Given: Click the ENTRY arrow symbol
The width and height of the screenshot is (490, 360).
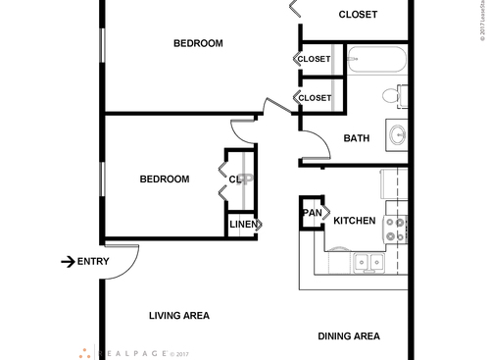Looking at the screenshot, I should (x=68, y=261).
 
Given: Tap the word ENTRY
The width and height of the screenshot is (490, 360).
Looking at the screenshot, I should (x=93, y=261).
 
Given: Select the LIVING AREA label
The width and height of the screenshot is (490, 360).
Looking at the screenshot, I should (x=179, y=316).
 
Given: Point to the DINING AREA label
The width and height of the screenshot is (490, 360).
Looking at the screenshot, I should (x=349, y=336).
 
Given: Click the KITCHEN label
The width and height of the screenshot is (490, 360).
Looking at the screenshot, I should (x=354, y=222).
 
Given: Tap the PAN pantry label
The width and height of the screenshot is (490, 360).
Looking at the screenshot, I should (x=312, y=213).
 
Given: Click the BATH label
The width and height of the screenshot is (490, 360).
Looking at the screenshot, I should (x=356, y=138).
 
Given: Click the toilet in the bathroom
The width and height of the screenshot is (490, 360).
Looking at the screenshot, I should (x=393, y=96).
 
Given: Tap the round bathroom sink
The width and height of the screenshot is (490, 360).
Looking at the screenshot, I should (x=398, y=134).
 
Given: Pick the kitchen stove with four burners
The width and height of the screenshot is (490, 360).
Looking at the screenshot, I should (x=396, y=230).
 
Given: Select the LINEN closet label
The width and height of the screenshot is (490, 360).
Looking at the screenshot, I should (x=243, y=225).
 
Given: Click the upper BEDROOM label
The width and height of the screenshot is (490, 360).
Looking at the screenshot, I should (x=198, y=43).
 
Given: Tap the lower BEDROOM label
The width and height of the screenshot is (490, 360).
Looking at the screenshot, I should (x=164, y=179).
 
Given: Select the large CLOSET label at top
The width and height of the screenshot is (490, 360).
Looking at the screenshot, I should (x=358, y=14).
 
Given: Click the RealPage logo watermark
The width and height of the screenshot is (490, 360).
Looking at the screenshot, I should (x=132, y=352).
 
